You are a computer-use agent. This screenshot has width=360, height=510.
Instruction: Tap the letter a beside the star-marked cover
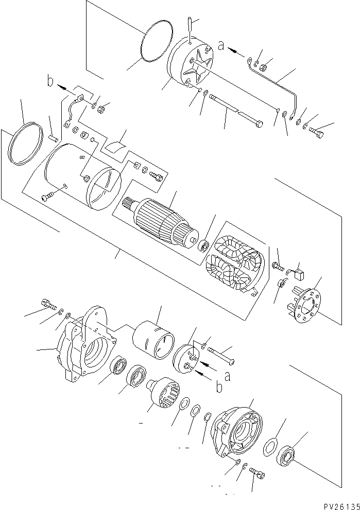[221, 46]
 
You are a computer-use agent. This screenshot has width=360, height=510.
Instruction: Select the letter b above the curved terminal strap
[50, 81]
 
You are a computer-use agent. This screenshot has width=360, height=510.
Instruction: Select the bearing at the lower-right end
[287, 454]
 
